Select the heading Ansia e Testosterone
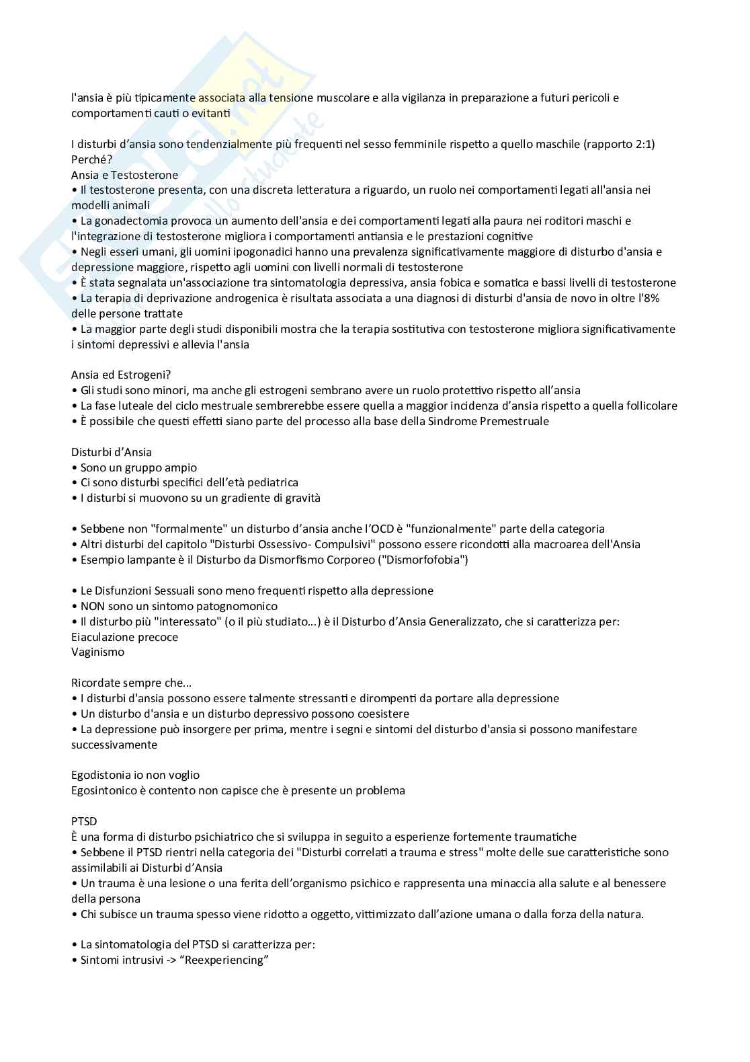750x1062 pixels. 124,175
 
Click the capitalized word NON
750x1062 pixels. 93,605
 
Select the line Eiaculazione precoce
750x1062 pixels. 124,637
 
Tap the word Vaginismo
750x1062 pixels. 97,652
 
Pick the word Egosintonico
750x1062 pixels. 104,790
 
